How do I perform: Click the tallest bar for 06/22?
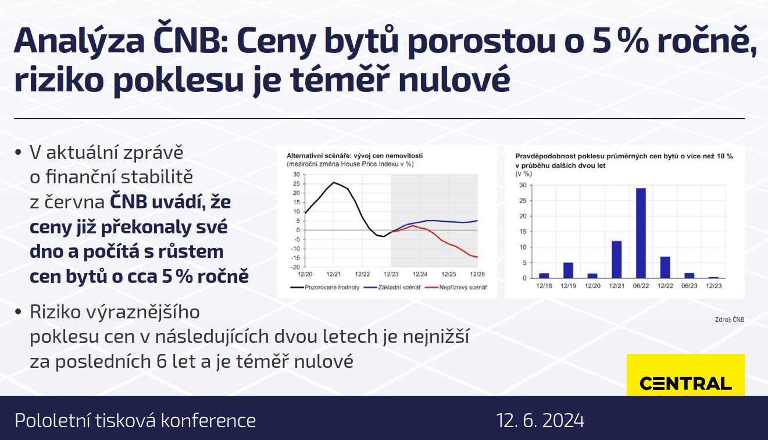point(641,233)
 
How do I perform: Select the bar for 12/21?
point(616,260)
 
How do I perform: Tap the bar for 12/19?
point(568,271)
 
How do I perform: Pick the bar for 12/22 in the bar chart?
point(665,267)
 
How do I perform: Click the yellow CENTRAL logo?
point(685,375)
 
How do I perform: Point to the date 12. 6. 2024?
point(540,420)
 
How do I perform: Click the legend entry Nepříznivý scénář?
point(456,288)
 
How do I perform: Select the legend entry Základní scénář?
point(392,288)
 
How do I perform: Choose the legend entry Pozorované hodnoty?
point(324,288)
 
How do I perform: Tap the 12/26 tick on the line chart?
point(477,274)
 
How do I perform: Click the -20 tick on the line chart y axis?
point(295,267)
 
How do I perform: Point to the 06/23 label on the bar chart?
point(689,286)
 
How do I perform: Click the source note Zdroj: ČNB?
point(730,320)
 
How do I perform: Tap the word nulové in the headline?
point(454,80)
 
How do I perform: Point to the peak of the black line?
point(334,182)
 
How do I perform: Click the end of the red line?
point(477,257)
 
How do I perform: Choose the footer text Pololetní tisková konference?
point(135,420)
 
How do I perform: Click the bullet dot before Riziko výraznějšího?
point(18,312)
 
